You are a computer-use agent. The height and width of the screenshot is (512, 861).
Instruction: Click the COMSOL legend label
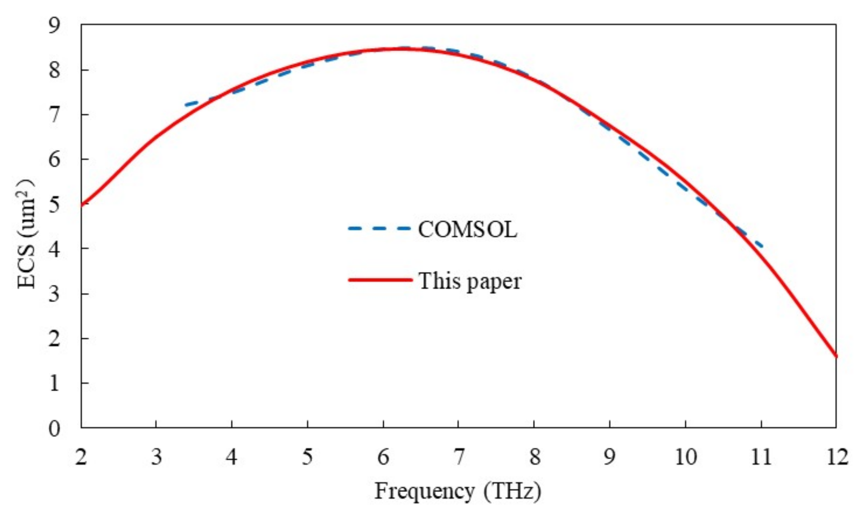click(x=467, y=230)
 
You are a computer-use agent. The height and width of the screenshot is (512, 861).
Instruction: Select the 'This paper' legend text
click(x=470, y=281)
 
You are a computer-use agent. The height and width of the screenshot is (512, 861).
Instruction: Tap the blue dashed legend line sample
click(x=379, y=229)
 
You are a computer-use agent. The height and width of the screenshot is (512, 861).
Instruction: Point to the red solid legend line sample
click(x=380, y=280)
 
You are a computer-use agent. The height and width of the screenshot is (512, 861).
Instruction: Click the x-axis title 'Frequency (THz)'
click(x=458, y=491)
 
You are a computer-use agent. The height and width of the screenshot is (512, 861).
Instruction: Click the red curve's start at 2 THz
click(x=82, y=205)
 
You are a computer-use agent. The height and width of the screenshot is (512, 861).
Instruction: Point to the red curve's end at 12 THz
click(x=836, y=356)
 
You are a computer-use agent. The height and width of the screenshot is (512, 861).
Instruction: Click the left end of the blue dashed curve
click(x=186, y=105)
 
